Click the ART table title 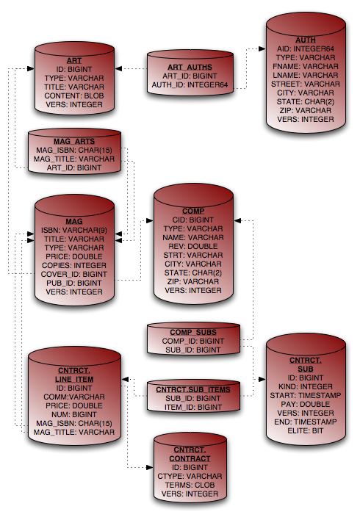click(x=74, y=61)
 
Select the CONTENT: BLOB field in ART click(x=74, y=95)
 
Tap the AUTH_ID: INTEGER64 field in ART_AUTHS click(x=190, y=85)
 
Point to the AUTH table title click(x=305, y=40)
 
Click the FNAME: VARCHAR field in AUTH click(x=305, y=66)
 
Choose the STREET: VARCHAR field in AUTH click(x=305, y=84)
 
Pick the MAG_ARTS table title click(x=74, y=142)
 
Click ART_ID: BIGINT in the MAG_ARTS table click(x=74, y=167)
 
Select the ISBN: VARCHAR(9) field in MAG click(x=74, y=230)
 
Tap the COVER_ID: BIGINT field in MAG click(x=74, y=274)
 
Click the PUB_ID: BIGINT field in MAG click(x=74, y=284)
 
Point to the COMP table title click(x=193, y=212)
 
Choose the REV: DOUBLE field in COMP click(x=193, y=246)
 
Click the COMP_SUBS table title click(x=193, y=332)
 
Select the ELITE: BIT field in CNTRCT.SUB click(x=305, y=431)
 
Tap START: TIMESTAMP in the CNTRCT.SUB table click(x=305, y=396)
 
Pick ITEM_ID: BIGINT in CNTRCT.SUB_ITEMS click(x=193, y=407)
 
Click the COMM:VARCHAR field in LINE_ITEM click(x=74, y=397)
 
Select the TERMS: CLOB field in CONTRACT click(x=190, y=485)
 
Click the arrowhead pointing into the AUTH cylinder click(x=262, y=48)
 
